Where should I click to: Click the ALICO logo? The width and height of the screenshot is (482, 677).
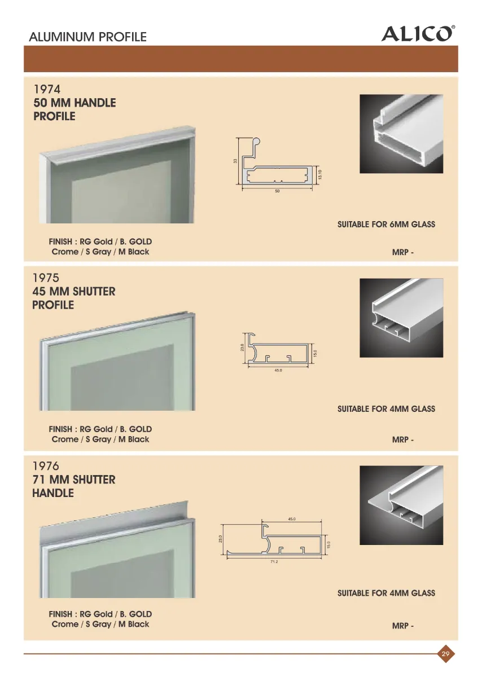(x=418, y=33)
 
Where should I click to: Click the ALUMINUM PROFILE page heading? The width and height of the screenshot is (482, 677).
(x=87, y=37)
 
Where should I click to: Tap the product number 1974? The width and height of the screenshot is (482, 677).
(x=47, y=89)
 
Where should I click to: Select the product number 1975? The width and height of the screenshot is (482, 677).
(x=46, y=278)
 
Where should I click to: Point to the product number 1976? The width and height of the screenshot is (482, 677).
(x=46, y=466)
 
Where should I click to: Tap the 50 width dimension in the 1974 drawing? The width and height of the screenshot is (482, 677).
(x=277, y=191)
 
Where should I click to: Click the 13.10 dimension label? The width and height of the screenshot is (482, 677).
(x=320, y=174)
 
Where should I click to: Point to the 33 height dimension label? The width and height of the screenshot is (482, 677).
(x=235, y=161)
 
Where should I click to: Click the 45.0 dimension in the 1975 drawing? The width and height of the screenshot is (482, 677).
(x=278, y=370)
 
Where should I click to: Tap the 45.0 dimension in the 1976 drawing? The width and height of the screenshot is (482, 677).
(x=291, y=519)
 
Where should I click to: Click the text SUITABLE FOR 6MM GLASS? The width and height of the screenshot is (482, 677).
(x=386, y=225)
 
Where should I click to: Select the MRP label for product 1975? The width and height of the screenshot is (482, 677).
(x=403, y=439)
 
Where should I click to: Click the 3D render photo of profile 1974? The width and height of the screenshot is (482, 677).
(x=401, y=134)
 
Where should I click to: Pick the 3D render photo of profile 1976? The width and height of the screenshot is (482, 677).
(x=401, y=505)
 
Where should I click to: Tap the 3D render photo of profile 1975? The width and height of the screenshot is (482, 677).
(x=401, y=318)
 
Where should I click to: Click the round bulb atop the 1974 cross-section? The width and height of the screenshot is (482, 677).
(x=256, y=141)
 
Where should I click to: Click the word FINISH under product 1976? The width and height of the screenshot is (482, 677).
(x=60, y=614)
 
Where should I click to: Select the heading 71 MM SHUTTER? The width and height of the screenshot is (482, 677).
(x=74, y=480)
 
